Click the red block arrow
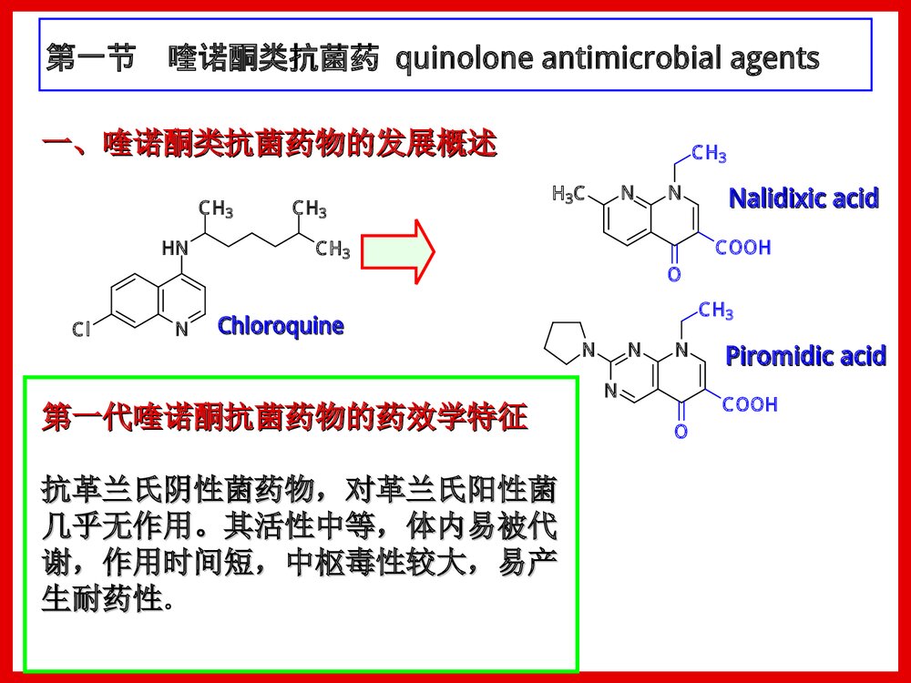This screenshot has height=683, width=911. [x=397, y=250]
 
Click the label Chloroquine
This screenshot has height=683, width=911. [x=281, y=326]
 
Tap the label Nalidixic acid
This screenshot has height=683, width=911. [x=804, y=198]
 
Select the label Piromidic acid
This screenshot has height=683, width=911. [x=805, y=356]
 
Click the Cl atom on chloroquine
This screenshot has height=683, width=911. [x=82, y=330]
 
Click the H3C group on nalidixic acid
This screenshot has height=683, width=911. [x=569, y=194]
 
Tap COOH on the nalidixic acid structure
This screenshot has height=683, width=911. [x=742, y=247]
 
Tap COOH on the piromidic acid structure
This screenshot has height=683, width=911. [x=750, y=403]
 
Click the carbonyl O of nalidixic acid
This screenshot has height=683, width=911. [x=674, y=274]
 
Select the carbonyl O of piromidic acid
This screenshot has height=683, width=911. [x=681, y=431]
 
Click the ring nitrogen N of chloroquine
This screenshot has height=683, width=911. [x=181, y=330]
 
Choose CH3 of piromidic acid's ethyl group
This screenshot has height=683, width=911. [x=716, y=311]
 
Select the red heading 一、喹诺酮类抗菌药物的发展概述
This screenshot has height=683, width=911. [x=270, y=144]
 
